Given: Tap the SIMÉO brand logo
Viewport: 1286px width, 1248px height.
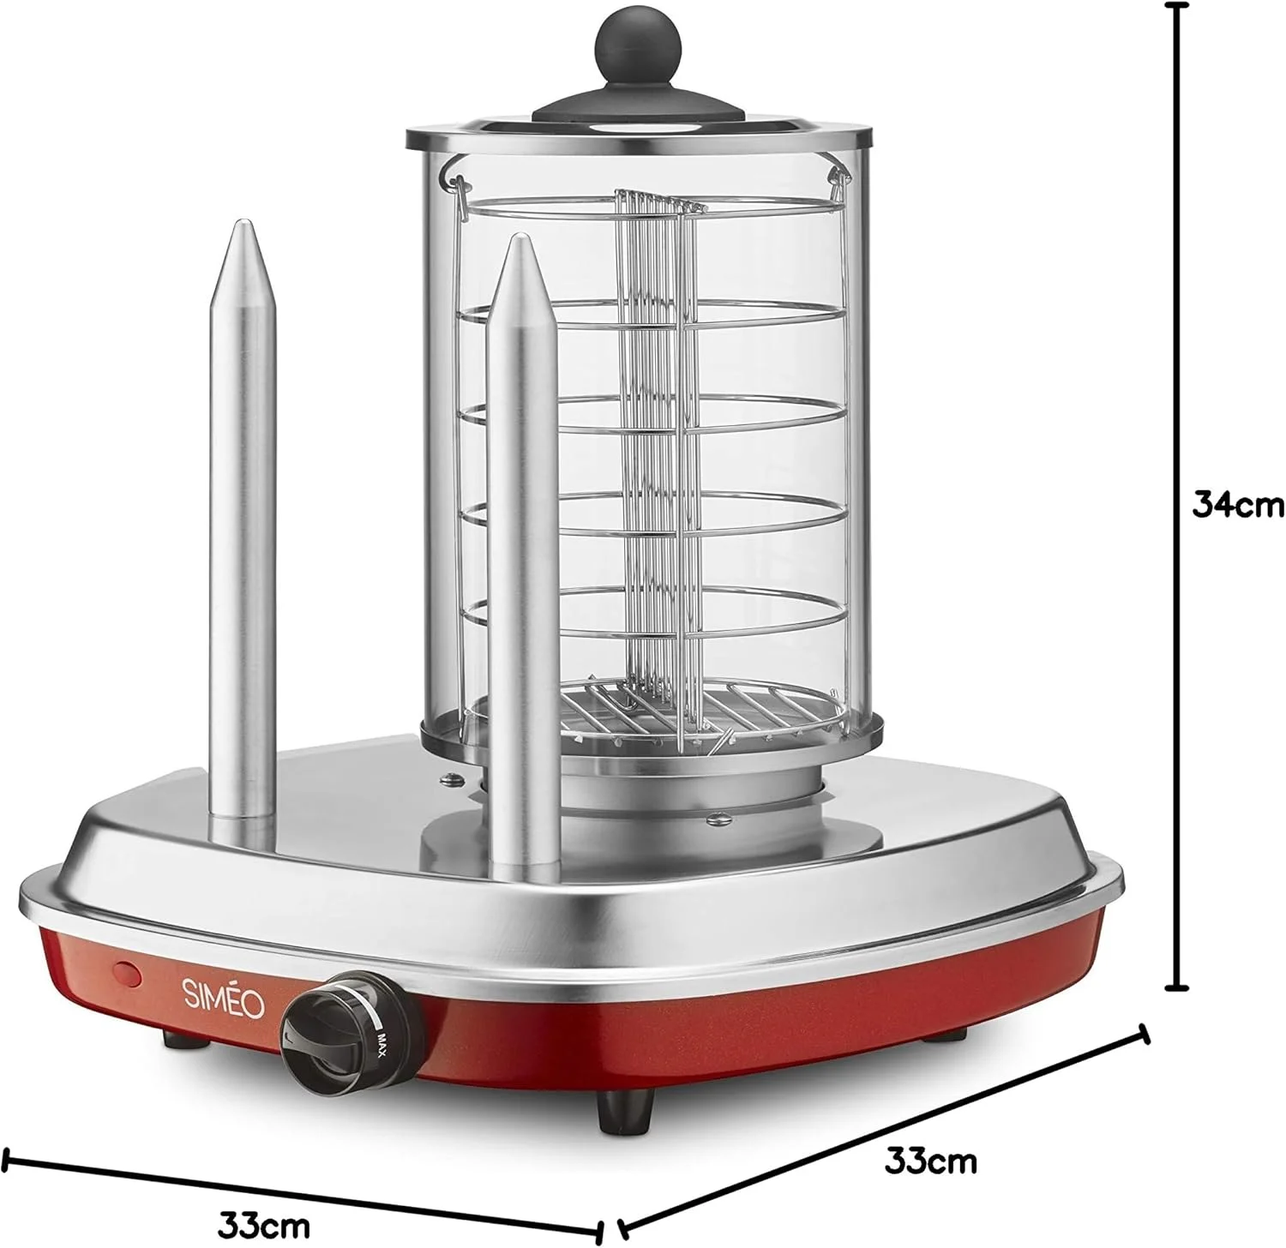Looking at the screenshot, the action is pos(222,998).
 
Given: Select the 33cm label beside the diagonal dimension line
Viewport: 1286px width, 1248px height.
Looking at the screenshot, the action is pos(931,1161).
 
